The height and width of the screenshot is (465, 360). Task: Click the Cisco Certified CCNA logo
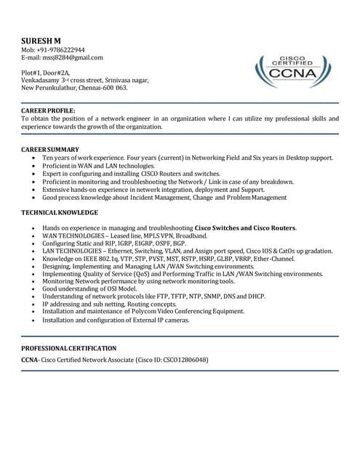point(293,71)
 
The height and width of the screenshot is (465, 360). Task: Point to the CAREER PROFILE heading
point(48,110)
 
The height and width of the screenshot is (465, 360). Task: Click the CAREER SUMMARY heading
point(50,149)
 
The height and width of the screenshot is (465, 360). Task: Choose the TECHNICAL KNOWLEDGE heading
point(59,212)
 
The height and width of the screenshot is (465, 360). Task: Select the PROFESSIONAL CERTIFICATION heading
point(68,349)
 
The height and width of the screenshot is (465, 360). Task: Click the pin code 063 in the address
point(120,88)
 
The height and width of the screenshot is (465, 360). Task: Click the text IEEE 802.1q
point(106,259)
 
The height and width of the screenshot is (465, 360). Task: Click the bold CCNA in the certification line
point(30,360)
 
